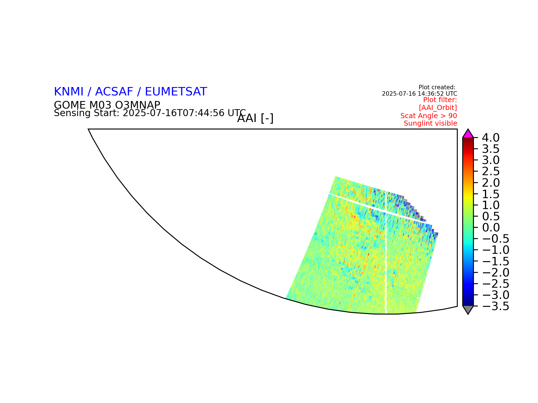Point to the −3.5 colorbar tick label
click(x=495, y=306)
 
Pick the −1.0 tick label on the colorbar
click(x=495, y=250)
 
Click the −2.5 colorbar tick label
click(x=495, y=284)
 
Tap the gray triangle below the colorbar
click(x=468, y=310)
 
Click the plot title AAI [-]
click(x=255, y=118)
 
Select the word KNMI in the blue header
click(x=69, y=92)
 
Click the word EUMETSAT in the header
click(x=176, y=92)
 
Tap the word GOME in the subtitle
click(x=70, y=105)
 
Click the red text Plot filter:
click(x=440, y=100)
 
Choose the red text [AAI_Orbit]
click(x=438, y=108)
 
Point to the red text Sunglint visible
click(x=430, y=123)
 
